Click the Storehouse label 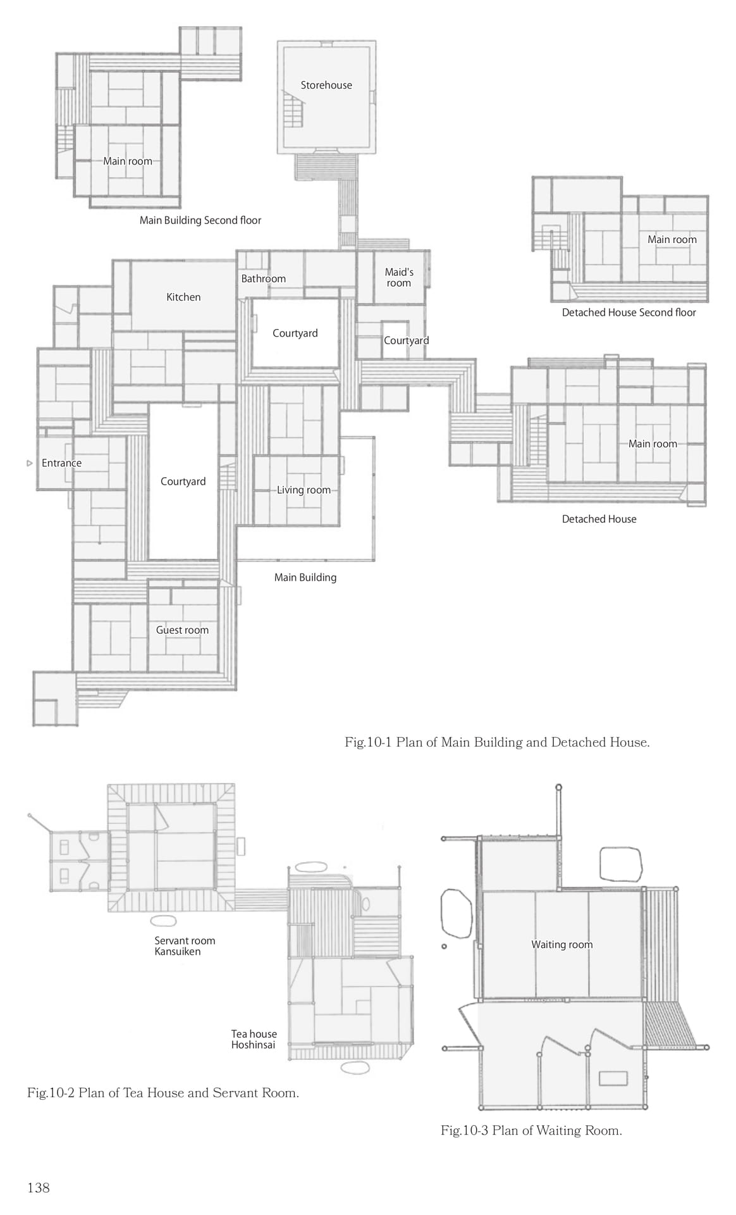point(326,85)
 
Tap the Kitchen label point(183,297)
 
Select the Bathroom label point(264,278)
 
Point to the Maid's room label point(399,277)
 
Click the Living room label point(304,490)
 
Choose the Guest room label point(182,630)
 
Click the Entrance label point(61,463)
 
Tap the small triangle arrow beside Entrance point(29,463)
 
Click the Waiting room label point(562,944)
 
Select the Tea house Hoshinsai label point(254,1039)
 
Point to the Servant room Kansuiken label point(185,946)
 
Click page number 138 point(39,1188)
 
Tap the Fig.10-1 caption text point(497,742)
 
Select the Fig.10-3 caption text point(531,1130)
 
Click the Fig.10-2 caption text point(163,1092)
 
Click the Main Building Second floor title point(200,220)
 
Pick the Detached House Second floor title point(629,312)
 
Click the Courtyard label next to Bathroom point(295,333)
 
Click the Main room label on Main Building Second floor point(128,161)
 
